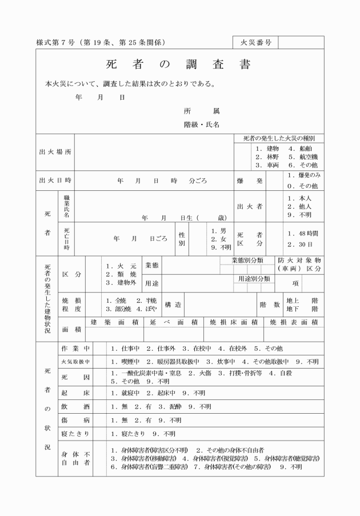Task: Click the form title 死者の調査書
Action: point(178,65)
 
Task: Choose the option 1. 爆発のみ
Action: point(304,175)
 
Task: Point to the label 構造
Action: point(173,305)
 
